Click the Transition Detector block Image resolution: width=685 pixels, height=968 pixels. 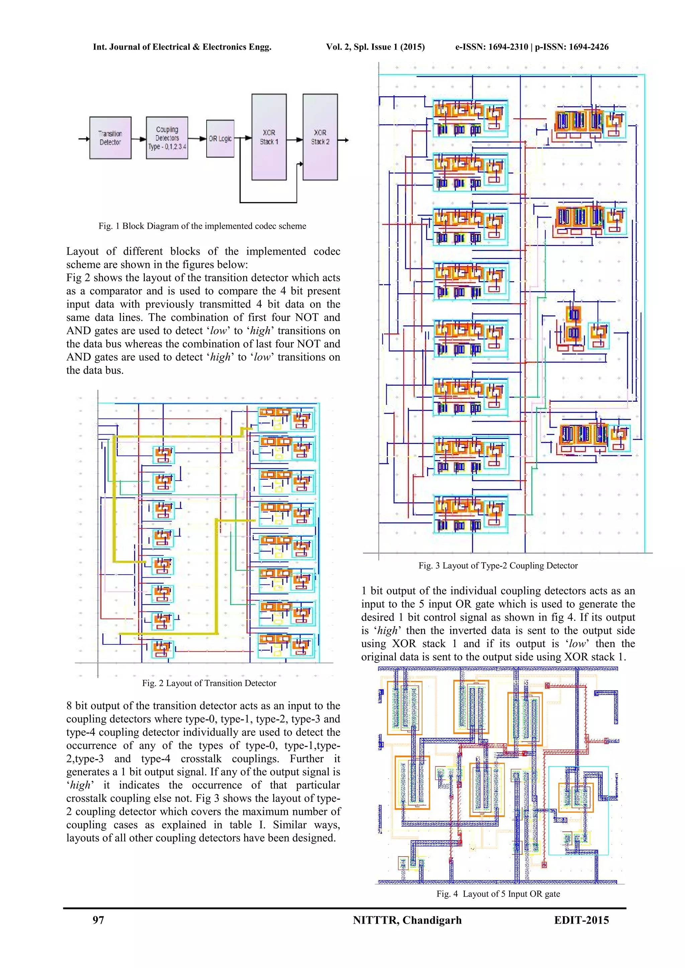110,138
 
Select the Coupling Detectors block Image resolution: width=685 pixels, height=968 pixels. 167,138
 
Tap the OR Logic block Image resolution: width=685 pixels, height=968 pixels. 220,138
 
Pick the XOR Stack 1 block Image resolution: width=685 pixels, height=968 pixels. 269,137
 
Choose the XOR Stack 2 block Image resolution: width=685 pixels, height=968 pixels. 320,137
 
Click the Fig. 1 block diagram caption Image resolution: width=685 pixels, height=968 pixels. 202,226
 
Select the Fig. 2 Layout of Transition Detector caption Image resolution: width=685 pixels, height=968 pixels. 209,683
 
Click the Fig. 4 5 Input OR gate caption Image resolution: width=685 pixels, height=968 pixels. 498,894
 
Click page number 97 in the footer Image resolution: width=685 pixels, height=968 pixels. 98,920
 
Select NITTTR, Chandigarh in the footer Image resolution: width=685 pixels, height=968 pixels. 407,920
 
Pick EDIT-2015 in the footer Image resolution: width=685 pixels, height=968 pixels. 581,920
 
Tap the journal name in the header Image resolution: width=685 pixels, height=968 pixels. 182,47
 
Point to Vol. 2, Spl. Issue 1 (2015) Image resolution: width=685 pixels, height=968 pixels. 375,47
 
